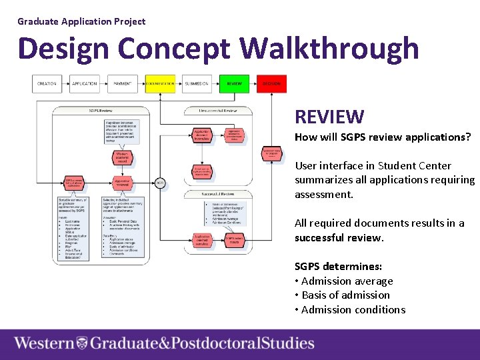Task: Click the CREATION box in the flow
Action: pos(47,84)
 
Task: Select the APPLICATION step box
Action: pos(85,84)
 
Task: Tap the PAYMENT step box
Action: pos(122,84)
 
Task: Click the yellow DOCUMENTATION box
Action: pos(160,84)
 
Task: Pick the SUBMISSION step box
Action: pos(197,84)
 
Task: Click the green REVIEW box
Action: pos(234,84)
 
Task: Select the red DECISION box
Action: pos(271,84)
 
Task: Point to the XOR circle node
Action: pos(159,182)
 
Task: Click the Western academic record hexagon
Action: pos(121,157)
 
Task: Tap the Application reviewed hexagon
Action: pos(121,181)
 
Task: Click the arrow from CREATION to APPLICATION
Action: pos(66,84)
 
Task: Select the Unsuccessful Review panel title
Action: pos(218,111)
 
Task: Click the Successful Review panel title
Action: pos(218,195)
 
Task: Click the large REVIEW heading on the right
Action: pos(329,117)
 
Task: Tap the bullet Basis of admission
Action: pos(345,295)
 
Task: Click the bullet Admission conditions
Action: pos(353,309)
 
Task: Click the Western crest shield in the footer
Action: pos(81,343)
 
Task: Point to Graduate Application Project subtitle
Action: pos(81,21)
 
